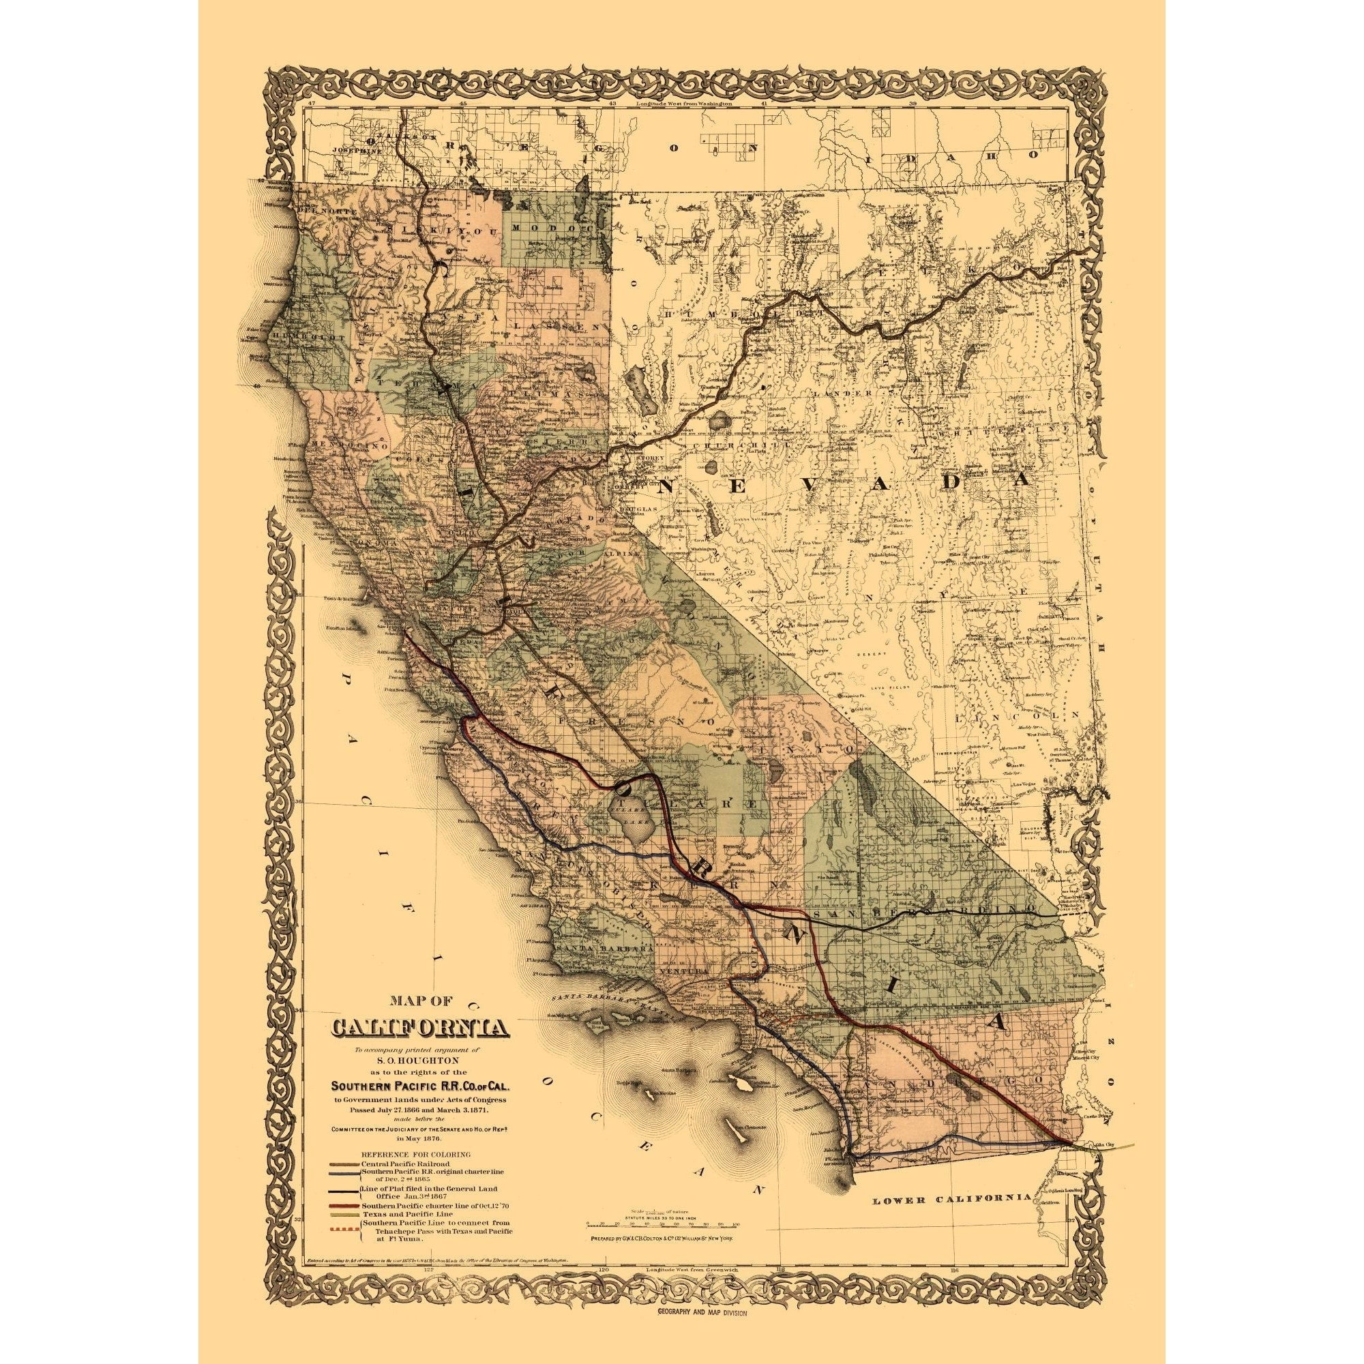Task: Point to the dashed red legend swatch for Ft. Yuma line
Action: tap(343, 1230)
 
